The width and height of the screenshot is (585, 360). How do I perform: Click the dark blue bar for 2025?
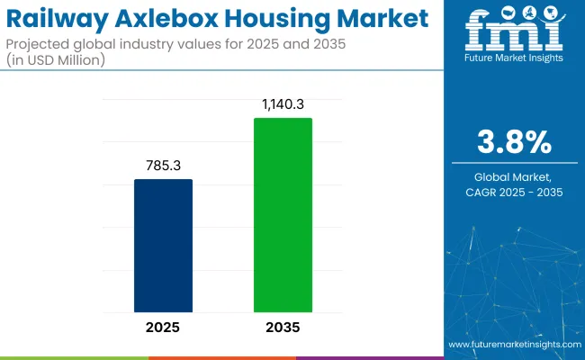(163, 246)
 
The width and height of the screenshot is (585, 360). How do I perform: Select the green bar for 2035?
(283, 215)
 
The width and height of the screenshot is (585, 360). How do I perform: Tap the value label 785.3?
(163, 166)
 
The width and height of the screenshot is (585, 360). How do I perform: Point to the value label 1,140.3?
(283, 105)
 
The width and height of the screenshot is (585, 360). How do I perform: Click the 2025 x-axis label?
(163, 327)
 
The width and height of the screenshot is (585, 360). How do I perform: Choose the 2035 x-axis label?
(283, 327)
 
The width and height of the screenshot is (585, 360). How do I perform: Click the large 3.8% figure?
(514, 143)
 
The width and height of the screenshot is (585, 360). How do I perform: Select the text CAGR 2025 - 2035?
(514, 192)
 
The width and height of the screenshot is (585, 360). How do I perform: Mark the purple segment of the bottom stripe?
(369, 357)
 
